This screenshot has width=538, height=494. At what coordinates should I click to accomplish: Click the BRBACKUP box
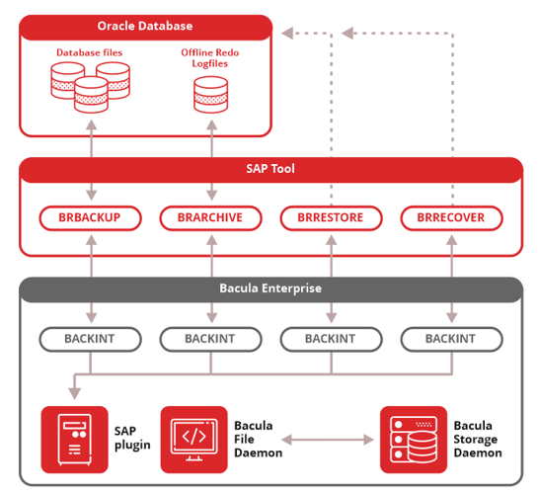coord(90,218)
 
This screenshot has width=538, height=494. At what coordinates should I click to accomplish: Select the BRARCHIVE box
coord(210,218)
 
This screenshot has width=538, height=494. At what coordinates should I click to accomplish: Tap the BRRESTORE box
coord(331,218)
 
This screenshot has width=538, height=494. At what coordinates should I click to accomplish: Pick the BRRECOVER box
coord(451,218)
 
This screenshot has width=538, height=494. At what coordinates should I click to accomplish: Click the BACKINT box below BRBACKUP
coord(90,339)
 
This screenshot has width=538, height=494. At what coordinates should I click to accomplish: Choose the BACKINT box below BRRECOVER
coord(451,339)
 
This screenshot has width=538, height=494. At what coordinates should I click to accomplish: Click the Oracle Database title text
coord(145,26)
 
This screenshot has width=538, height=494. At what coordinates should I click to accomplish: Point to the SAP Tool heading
coord(270,169)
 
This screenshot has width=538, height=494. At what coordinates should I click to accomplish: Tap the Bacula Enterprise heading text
coord(270,288)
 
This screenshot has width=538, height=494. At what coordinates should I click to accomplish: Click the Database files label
coord(89,52)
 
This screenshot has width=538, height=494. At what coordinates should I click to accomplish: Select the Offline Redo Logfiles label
coord(210,58)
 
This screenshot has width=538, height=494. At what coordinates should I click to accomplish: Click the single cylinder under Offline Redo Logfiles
coord(210,95)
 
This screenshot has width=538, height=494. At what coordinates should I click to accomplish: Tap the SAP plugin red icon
coord(74,440)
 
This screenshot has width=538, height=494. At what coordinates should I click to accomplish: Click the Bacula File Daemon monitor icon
coord(193,440)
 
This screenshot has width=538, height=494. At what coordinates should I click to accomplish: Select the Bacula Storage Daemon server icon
coord(414,440)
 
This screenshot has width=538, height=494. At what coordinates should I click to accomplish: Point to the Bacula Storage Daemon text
coord(478,440)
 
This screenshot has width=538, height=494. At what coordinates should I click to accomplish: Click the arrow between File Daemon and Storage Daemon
coord(328,440)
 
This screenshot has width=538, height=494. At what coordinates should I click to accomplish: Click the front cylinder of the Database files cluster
coord(91,95)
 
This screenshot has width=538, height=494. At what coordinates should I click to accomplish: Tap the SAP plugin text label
coord(132,438)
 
